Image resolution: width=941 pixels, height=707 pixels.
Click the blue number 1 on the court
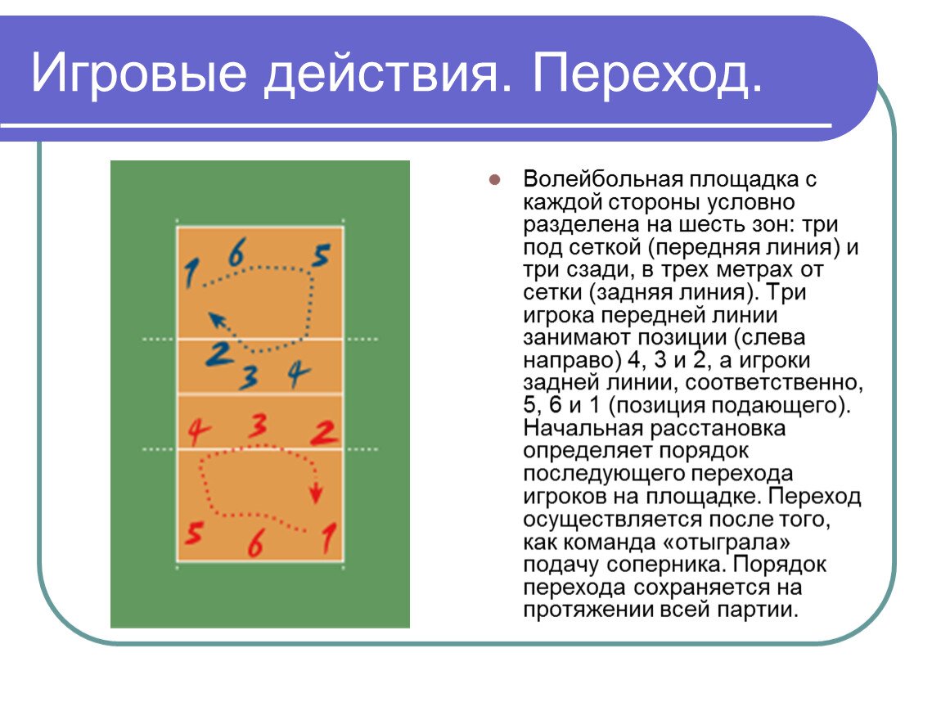[191, 272]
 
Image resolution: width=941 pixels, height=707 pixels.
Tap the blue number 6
[236, 252]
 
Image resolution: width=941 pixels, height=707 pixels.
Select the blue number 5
[320, 256]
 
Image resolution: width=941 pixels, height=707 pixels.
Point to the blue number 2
[218, 353]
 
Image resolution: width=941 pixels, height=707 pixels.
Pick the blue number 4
[299, 375]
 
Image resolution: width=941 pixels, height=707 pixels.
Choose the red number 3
[259, 426]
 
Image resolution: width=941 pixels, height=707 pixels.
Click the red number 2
[325, 432]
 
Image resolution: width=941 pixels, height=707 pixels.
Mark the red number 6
[255, 544]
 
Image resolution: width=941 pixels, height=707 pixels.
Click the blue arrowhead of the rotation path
[214, 318]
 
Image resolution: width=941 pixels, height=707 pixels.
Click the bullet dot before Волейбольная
[493, 180]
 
